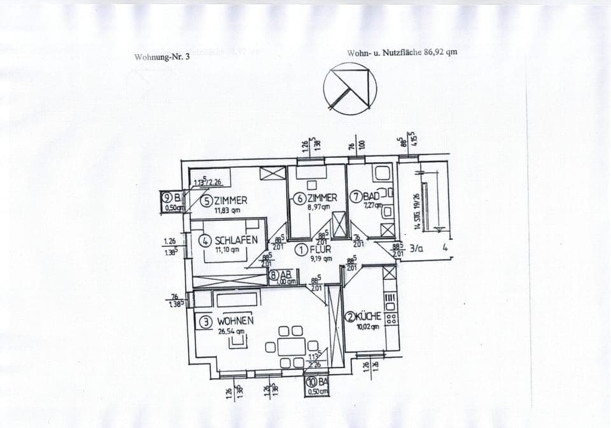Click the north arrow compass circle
pos(350,88)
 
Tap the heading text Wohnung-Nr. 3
pos(162,57)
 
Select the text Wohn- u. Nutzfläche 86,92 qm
pos(402,53)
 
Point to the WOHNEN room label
pos(235,321)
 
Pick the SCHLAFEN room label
pos(236,240)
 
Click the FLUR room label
pos(321,249)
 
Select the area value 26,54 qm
pos(231,331)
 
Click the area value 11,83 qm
pos(227,211)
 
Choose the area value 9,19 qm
pos(320,259)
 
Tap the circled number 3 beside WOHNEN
pos(206,322)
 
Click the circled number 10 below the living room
pos(311,382)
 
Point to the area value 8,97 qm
pos(318,207)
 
